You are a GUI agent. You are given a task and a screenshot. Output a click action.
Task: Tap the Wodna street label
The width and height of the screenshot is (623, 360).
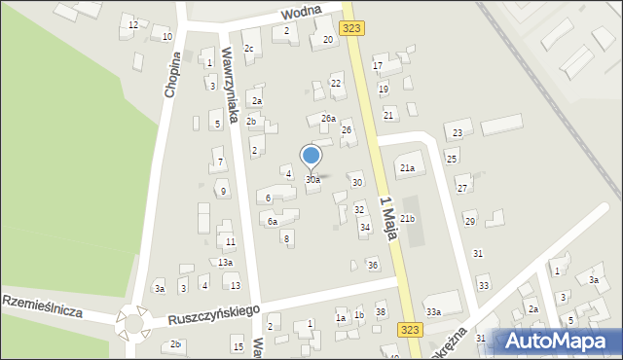(x=301, y=15)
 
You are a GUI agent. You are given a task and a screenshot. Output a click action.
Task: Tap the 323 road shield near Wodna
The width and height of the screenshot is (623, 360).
(x=352, y=29)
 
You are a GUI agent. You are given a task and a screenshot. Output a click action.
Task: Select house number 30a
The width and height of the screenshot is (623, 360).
(x=312, y=180)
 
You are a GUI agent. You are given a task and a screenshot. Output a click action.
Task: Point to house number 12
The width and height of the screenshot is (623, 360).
(x=133, y=24)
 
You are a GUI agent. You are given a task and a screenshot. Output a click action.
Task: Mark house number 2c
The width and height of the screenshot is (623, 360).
(x=249, y=49)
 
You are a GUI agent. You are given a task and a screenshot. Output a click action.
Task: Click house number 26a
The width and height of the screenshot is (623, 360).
(x=328, y=119)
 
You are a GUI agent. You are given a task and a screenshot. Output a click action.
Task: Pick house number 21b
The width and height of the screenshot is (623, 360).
(x=407, y=219)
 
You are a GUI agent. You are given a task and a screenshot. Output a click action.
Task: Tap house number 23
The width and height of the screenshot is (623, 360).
(x=457, y=132)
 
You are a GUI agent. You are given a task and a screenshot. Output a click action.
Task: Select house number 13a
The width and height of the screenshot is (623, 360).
(x=225, y=263)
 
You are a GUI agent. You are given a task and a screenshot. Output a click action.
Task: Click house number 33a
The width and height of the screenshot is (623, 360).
(x=433, y=311)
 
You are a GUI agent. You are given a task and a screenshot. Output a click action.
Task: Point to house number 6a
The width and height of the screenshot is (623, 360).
(x=273, y=222)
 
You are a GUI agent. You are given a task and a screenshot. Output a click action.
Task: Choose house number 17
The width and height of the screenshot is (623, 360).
(x=379, y=66)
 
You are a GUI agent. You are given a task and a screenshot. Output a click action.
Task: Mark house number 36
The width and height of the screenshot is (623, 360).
(x=372, y=265)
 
